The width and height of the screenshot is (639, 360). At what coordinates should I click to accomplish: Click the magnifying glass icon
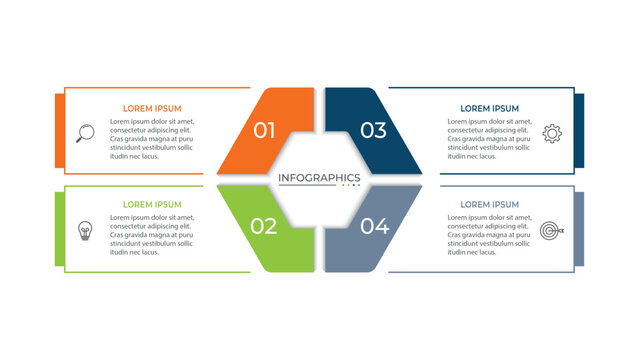[85, 132]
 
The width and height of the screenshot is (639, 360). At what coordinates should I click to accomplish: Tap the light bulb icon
[85, 230]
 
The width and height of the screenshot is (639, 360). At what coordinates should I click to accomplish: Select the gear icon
[552, 132]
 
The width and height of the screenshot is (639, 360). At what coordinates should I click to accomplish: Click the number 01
[264, 130]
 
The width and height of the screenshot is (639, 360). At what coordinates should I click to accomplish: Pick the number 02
[264, 226]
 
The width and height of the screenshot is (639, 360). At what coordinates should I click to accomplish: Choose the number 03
[373, 130]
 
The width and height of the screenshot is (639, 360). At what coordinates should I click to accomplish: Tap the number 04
[374, 226]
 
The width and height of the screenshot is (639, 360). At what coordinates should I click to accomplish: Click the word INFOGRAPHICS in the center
[319, 177]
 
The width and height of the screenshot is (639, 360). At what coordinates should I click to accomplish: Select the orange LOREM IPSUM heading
[153, 108]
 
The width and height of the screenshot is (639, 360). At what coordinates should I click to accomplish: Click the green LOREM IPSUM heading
[153, 205]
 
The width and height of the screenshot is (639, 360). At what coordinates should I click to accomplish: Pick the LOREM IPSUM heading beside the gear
[489, 108]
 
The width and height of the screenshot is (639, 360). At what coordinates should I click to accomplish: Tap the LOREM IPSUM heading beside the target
[489, 205]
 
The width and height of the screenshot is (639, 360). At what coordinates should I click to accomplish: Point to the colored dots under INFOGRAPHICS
[351, 185]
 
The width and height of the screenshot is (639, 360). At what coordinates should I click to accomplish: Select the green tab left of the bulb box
[59, 228]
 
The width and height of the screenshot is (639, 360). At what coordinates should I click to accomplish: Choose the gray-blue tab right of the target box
[579, 228]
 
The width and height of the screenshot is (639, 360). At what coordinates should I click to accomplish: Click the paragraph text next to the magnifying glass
[152, 138]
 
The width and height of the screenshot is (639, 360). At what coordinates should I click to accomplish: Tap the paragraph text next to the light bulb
[152, 235]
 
